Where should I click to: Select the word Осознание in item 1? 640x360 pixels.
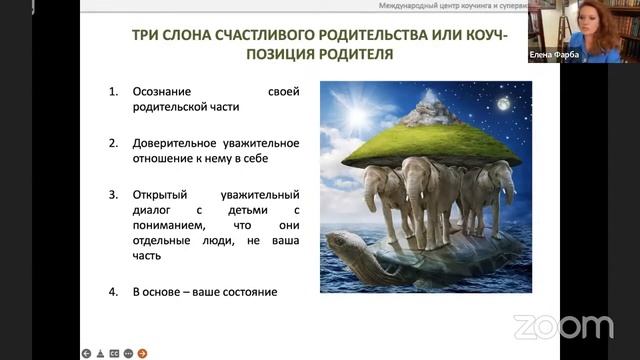(164, 93)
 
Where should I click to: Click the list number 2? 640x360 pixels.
(113, 142)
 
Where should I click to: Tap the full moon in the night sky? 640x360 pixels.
(502, 103)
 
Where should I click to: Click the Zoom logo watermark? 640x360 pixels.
(563, 327)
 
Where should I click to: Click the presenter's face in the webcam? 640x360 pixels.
(580, 22)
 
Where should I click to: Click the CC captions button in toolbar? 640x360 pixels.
(114, 352)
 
